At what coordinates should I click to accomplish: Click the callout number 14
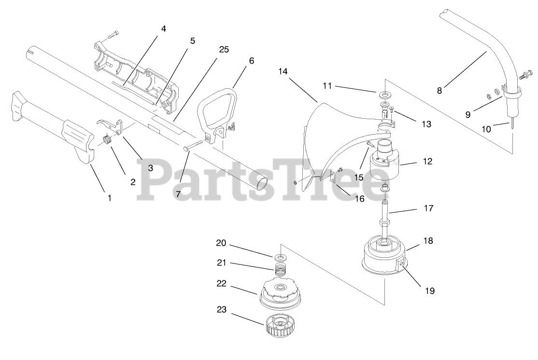pos(283,71)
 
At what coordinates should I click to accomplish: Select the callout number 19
pos(429,291)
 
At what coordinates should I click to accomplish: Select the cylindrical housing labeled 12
pos(383,166)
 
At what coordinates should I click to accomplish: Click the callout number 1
pos(109,198)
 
